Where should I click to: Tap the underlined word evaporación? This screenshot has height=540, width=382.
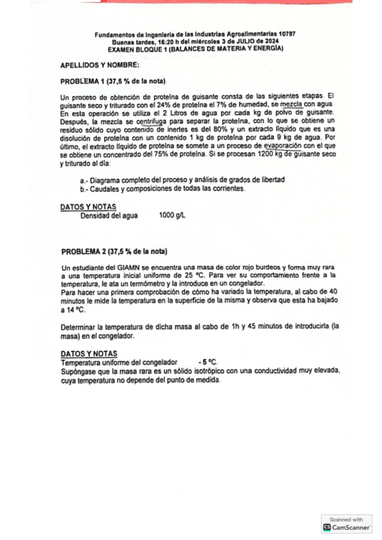[x=265, y=145]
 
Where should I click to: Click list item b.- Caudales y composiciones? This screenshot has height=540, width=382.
[x=163, y=189]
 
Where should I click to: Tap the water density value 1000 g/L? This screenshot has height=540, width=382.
[x=172, y=215]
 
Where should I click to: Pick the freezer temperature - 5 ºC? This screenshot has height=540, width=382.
[x=209, y=362]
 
